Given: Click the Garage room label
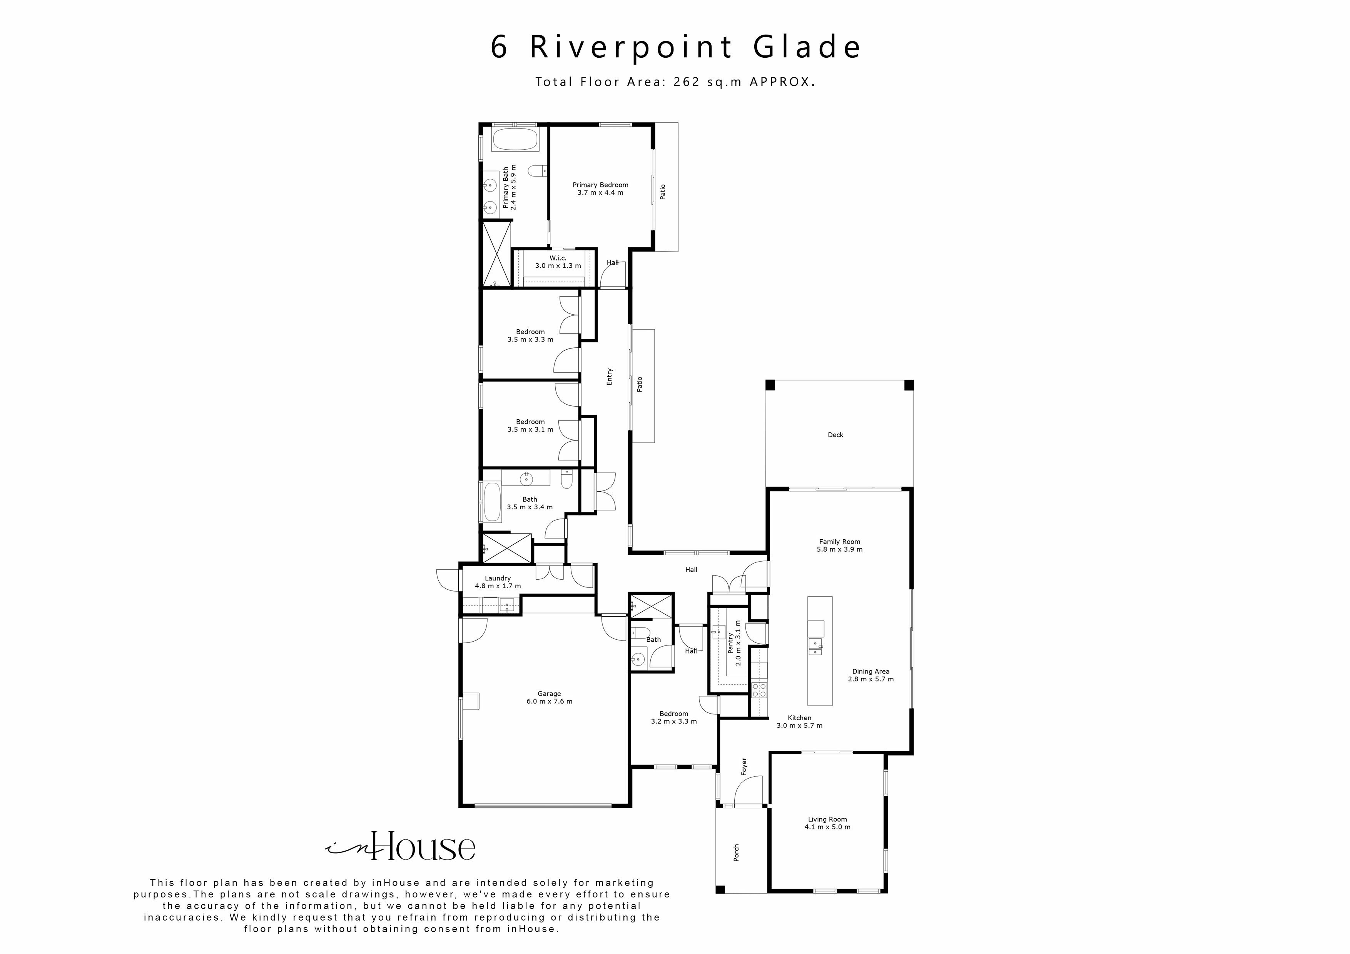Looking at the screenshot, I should click(x=549, y=694).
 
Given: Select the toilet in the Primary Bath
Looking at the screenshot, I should click(x=536, y=171).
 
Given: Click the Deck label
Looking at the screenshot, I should click(x=835, y=435).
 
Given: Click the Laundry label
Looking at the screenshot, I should click(x=498, y=579).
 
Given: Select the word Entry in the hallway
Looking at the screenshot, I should click(x=609, y=377).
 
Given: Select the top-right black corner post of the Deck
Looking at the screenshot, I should click(x=909, y=385).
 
